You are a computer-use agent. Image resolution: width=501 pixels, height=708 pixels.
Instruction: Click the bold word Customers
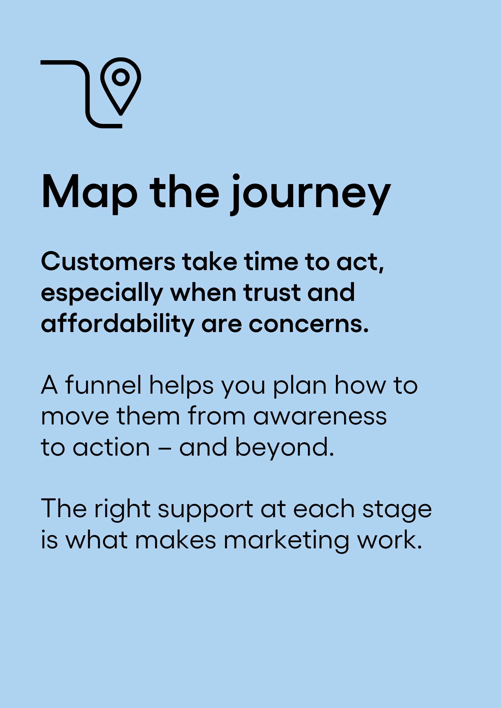pyautogui.click(x=108, y=262)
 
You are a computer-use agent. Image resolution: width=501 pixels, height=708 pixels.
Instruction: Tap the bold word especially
pyautogui.click(x=102, y=294)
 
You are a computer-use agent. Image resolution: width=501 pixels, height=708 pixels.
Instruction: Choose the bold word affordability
pyautogui.click(x=118, y=324)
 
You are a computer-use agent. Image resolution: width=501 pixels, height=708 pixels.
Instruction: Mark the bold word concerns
pyautogui.click(x=309, y=325)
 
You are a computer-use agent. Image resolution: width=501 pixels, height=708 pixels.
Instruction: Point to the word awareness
pyautogui.click(x=320, y=417)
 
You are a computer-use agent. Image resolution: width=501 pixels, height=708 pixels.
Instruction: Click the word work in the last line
pyautogui.click(x=389, y=540)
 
